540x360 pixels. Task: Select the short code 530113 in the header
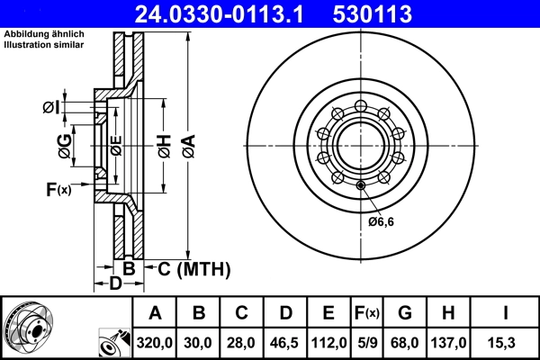coord(384,13)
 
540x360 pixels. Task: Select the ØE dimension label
coord(116,144)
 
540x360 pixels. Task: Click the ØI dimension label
coord(51,108)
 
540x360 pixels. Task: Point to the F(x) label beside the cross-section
coord(58,189)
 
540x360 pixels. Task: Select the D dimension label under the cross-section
coord(115,285)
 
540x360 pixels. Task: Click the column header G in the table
coord(405,313)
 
